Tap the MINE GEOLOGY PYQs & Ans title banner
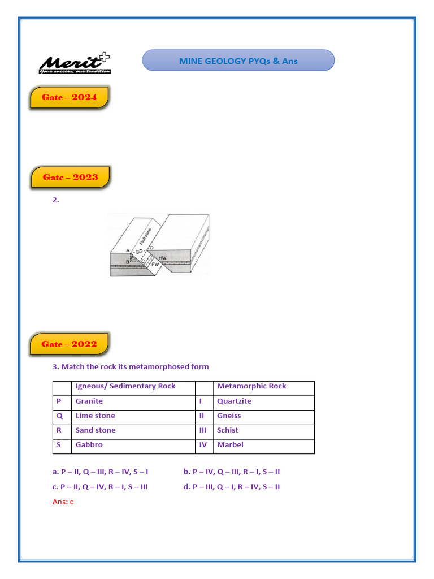pyautogui.click(x=238, y=61)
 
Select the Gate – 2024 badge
pyautogui.click(x=70, y=97)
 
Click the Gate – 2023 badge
pyautogui.click(x=70, y=178)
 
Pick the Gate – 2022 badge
pyautogui.click(x=69, y=344)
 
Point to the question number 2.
pyautogui.click(x=55, y=200)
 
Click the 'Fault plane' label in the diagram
pyautogui.click(x=153, y=236)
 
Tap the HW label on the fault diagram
pyautogui.click(x=163, y=258)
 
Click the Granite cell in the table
pyautogui.click(x=89, y=401)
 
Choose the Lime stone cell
pyautogui.click(x=95, y=416)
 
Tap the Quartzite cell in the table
pyautogui.click(x=234, y=401)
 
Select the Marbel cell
pyautogui.click(x=230, y=445)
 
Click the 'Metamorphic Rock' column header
pyautogui.click(x=251, y=386)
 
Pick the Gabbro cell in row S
pyautogui.click(x=89, y=445)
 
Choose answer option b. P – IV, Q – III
pyautogui.click(x=232, y=472)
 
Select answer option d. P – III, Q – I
pyautogui.click(x=232, y=487)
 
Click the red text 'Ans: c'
pyautogui.click(x=63, y=502)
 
